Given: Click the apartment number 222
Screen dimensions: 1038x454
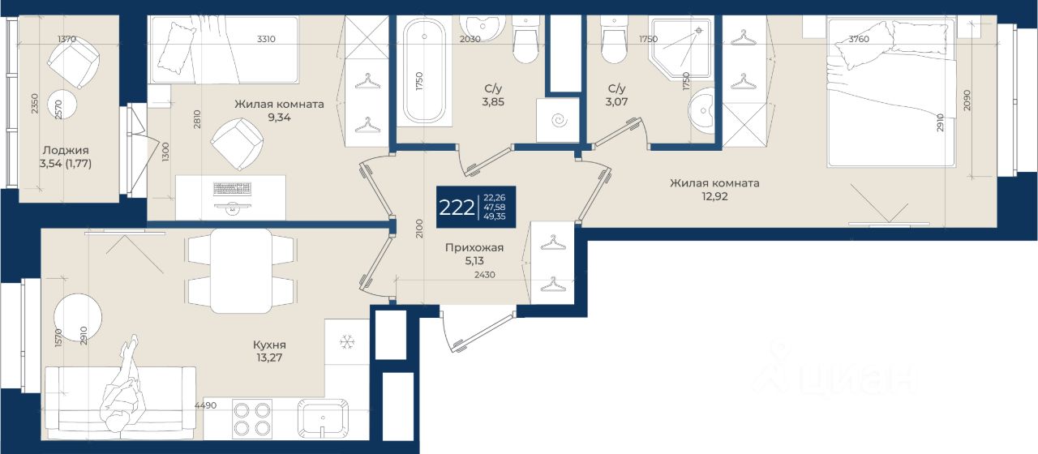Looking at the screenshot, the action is (x=457, y=208).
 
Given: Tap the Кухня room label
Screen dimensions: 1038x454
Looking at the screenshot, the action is (x=269, y=345).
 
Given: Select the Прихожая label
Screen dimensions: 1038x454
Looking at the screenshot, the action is (x=474, y=248).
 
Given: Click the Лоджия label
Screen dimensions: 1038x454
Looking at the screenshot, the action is (x=66, y=150).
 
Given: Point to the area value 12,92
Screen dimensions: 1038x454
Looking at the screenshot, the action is (x=714, y=196).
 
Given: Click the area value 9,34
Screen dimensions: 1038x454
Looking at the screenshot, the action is (x=279, y=118).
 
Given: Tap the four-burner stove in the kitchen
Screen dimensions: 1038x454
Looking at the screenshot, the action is (x=252, y=418).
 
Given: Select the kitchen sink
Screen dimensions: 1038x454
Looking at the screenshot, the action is (x=323, y=418).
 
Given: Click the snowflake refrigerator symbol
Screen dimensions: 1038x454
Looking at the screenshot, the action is (x=346, y=342).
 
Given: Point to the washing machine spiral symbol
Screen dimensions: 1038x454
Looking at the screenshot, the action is (x=560, y=121).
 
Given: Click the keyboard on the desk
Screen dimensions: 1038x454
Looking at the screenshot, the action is (x=232, y=189).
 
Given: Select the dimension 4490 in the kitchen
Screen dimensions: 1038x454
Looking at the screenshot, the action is (x=205, y=405).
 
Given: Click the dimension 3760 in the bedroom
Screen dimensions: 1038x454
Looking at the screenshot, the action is (x=859, y=40).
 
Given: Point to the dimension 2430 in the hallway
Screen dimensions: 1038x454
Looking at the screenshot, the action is (x=485, y=275).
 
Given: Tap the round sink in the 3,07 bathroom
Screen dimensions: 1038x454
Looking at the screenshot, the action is (x=702, y=110).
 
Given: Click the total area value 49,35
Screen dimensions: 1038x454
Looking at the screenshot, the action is (x=495, y=216).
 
